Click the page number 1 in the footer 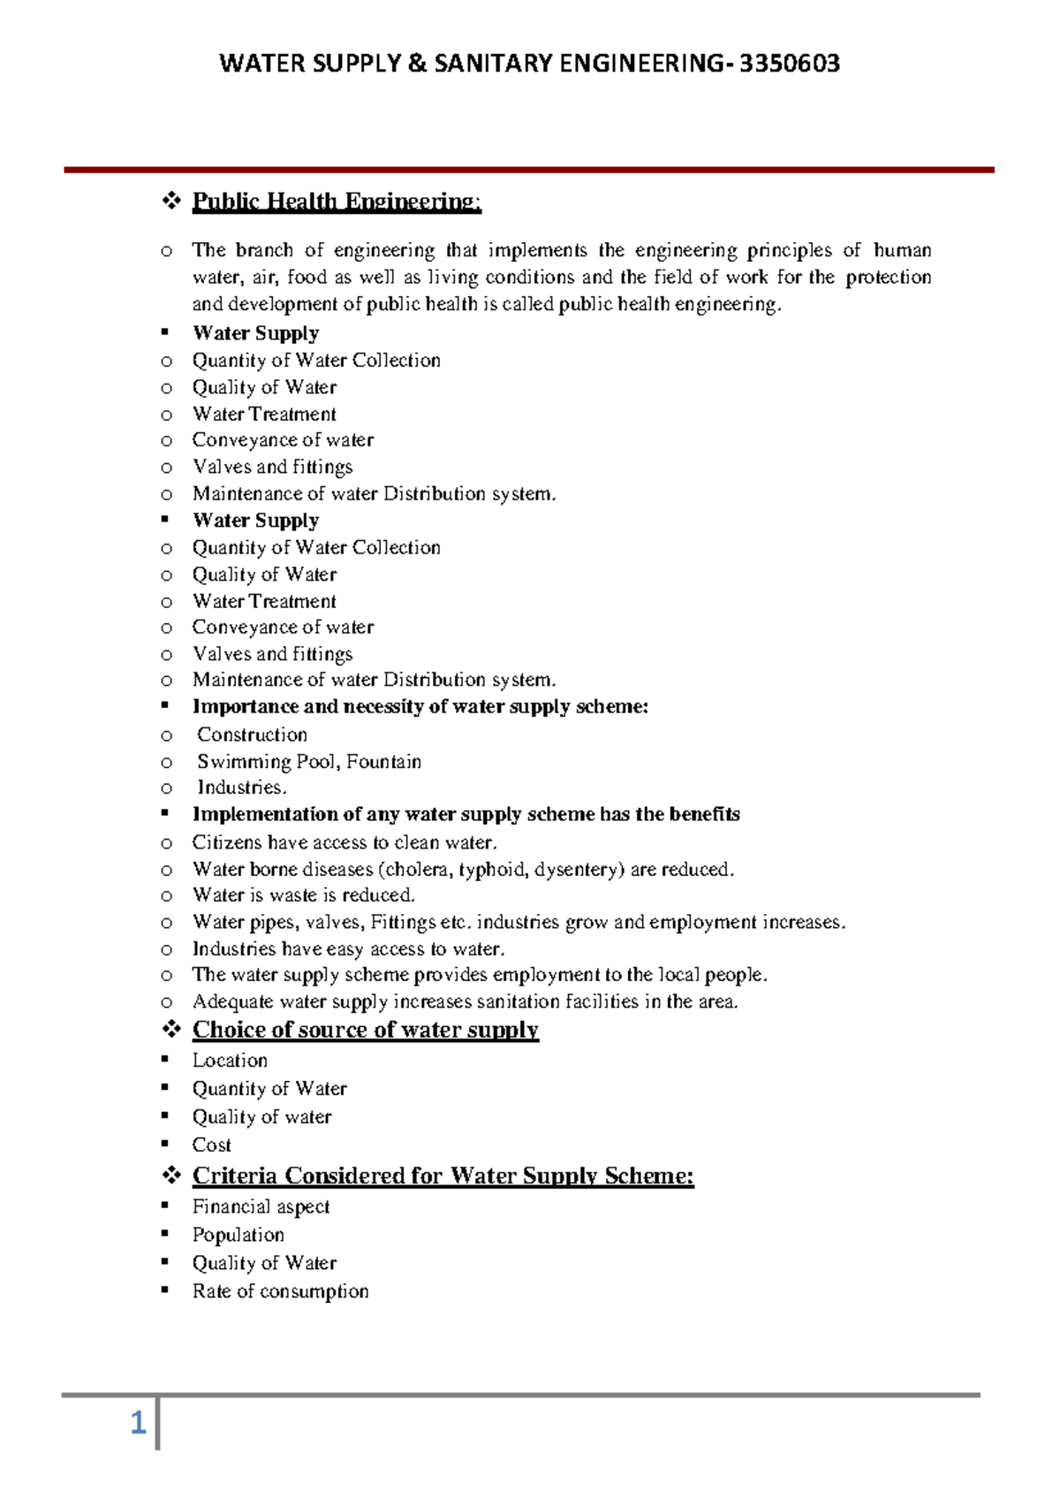pyautogui.click(x=138, y=1423)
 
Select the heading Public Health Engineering pyautogui.click(x=337, y=202)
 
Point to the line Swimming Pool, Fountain pyautogui.click(x=308, y=762)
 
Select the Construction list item pyautogui.click(x=252, y=735)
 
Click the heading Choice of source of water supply pyautogui.click(x=365, y=1030)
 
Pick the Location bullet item pyautogui.click(x=230, y=1061)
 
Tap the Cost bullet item pyautogui.click(x=212, y=1145)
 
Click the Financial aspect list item pyautogui.click(x=261, y=1207)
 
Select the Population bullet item pyautogui.click(x=238, y=1236)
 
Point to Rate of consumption pyautogui.click(x=280, y=1292)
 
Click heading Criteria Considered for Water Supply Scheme pyautogui.click(x=443, y=1176)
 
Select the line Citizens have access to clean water pyautogui.click(x=344, y=843)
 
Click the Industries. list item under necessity pyautogui.click(x=241, y=788)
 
